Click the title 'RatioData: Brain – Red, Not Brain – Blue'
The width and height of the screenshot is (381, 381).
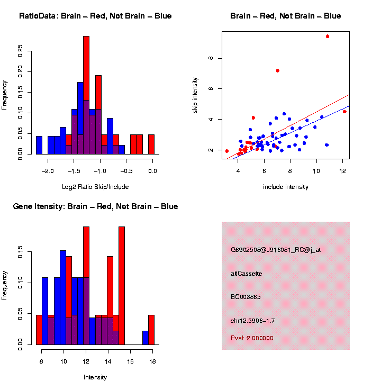coord(95,16)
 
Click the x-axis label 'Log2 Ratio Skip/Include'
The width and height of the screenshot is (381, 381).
coord(95,187)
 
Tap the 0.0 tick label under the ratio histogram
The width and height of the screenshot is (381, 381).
coord(153,170)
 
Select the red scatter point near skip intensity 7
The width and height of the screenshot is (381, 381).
coord(277,70)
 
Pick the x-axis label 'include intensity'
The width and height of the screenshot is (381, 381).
coord(286,187)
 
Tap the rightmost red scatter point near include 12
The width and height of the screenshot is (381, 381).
coord(344,112)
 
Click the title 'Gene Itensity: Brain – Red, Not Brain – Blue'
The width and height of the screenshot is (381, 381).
coord(95,206)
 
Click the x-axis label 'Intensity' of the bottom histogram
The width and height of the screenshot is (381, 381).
coord(95,377)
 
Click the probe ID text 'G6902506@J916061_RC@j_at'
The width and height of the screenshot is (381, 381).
coord(275,250)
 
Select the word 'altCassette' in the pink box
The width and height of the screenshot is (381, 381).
coord(246,274)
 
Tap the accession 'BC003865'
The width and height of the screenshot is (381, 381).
coord(246,297)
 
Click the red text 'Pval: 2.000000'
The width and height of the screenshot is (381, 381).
coord(252,338)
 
